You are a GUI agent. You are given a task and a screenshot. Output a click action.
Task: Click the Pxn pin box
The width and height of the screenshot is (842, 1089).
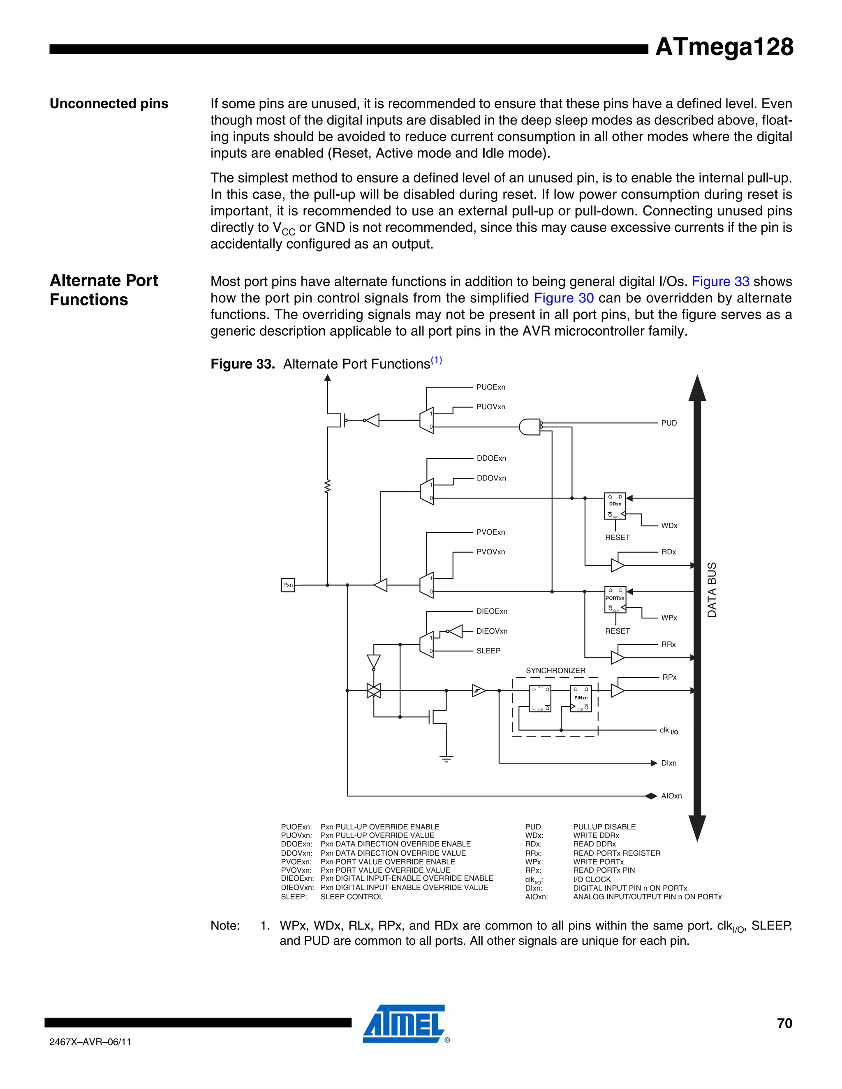pos(288,585)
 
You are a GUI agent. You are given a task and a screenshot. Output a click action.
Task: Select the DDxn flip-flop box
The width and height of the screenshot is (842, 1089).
pos(615,505)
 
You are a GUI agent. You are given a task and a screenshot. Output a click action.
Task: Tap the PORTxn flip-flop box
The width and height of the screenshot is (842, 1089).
pos(615,599)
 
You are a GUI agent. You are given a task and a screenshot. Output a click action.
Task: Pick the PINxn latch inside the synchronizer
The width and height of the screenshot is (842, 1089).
pos(581,699)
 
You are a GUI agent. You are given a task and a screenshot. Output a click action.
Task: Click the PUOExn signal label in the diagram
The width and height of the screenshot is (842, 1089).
pos(490,387)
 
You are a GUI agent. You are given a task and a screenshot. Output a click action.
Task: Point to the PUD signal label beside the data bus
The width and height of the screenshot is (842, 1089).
pos(669,423)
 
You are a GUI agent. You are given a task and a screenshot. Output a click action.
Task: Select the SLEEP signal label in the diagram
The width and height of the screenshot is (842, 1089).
pos(488,651)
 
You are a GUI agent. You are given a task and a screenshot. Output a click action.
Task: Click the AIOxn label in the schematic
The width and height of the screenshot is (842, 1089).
pos(671,796)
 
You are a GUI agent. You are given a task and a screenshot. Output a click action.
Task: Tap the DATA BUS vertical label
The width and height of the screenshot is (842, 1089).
pos(712,589)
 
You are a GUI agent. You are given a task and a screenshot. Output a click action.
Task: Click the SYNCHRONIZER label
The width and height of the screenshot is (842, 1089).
pos(555,671)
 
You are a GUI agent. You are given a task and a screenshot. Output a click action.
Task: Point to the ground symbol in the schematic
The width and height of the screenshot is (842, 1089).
pos(446,759)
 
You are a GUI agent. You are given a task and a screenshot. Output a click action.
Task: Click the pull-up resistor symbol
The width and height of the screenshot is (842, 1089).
pos(328,486)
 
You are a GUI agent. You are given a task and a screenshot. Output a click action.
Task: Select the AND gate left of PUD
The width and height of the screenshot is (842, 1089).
pos(529,427)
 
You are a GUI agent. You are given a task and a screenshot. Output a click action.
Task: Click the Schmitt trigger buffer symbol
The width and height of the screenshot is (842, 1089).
pos(479,691)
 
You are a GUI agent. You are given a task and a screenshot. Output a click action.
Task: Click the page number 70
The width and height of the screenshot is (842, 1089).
pos(784,1023)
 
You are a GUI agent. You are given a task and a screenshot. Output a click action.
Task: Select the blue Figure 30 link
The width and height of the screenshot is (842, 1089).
pos(564,298)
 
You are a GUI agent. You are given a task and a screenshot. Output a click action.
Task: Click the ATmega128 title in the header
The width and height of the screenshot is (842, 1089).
pos(724,47)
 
